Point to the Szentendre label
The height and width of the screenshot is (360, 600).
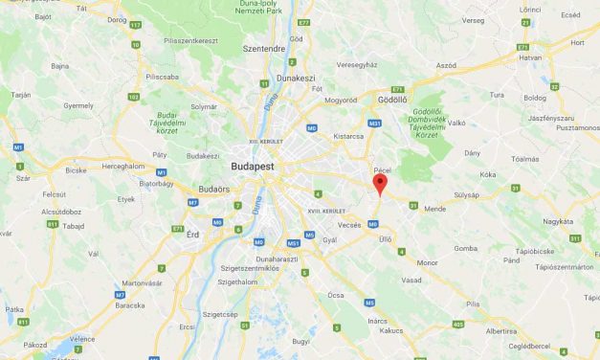click(x=264, y=47)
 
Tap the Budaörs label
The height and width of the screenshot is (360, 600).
click(x=212, y=191)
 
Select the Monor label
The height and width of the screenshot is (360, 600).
click(x=427, y=261)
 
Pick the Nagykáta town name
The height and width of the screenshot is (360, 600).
click(x=558, y=220)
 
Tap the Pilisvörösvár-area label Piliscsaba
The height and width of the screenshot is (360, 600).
click(x=163, y=75)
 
